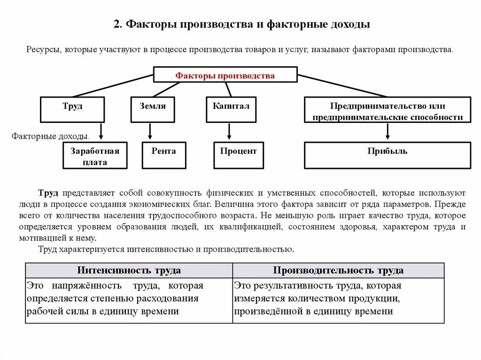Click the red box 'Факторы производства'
(225, 75)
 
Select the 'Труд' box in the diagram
(72, 109)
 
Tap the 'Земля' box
(153, 109)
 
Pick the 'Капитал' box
(231, 109)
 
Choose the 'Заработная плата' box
(95, 155)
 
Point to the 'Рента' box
(164, 155)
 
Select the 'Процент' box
(238, 155)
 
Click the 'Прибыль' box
(387, 155)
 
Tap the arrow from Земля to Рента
(150, 131)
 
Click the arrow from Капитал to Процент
(229, 131)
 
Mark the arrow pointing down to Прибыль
(388, 131)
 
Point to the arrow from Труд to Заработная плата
(101, 131)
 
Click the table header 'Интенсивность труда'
(129, 270)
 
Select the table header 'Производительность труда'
(338, 270)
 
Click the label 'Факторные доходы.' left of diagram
(50, 136)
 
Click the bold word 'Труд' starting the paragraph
(48, 193)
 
